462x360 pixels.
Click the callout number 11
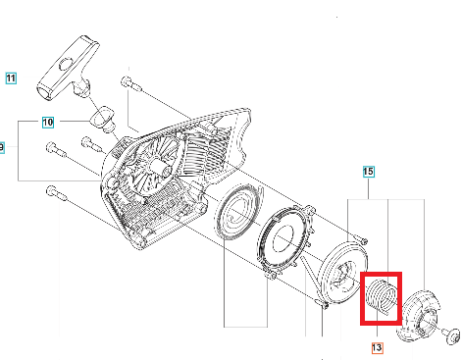pyautogui.click(x=11, y=78)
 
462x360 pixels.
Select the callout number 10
pyautogui.click(x=48, y=123)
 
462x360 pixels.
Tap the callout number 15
pyautogui.click(x=368, y=172)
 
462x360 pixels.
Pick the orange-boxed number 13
pyautogui.click(x=377, y=347)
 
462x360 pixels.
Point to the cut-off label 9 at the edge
pyautogui.click(x=2, y=147)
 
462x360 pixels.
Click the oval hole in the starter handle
pyautogui.click(x=67, y=65)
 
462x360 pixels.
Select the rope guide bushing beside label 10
pyautogui.click(x=102, y=119)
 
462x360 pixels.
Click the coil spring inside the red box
pyautogui.click(x=381, y=297)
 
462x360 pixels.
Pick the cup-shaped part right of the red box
pyautogui.click(x=419, y=316)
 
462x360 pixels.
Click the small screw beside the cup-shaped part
pyautogui.click(x=451, y=335)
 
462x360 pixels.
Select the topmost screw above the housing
pyautogui.click(x=131, y=83)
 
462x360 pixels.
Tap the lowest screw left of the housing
pyautogui.click(x=57, y=193)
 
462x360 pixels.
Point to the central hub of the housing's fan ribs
pyautogui.click(x=160, y=166)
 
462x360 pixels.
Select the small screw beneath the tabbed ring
pyautogui.click(x=271, y=276)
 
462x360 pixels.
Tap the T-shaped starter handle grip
pyautogui.click(x=68, y=68)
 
